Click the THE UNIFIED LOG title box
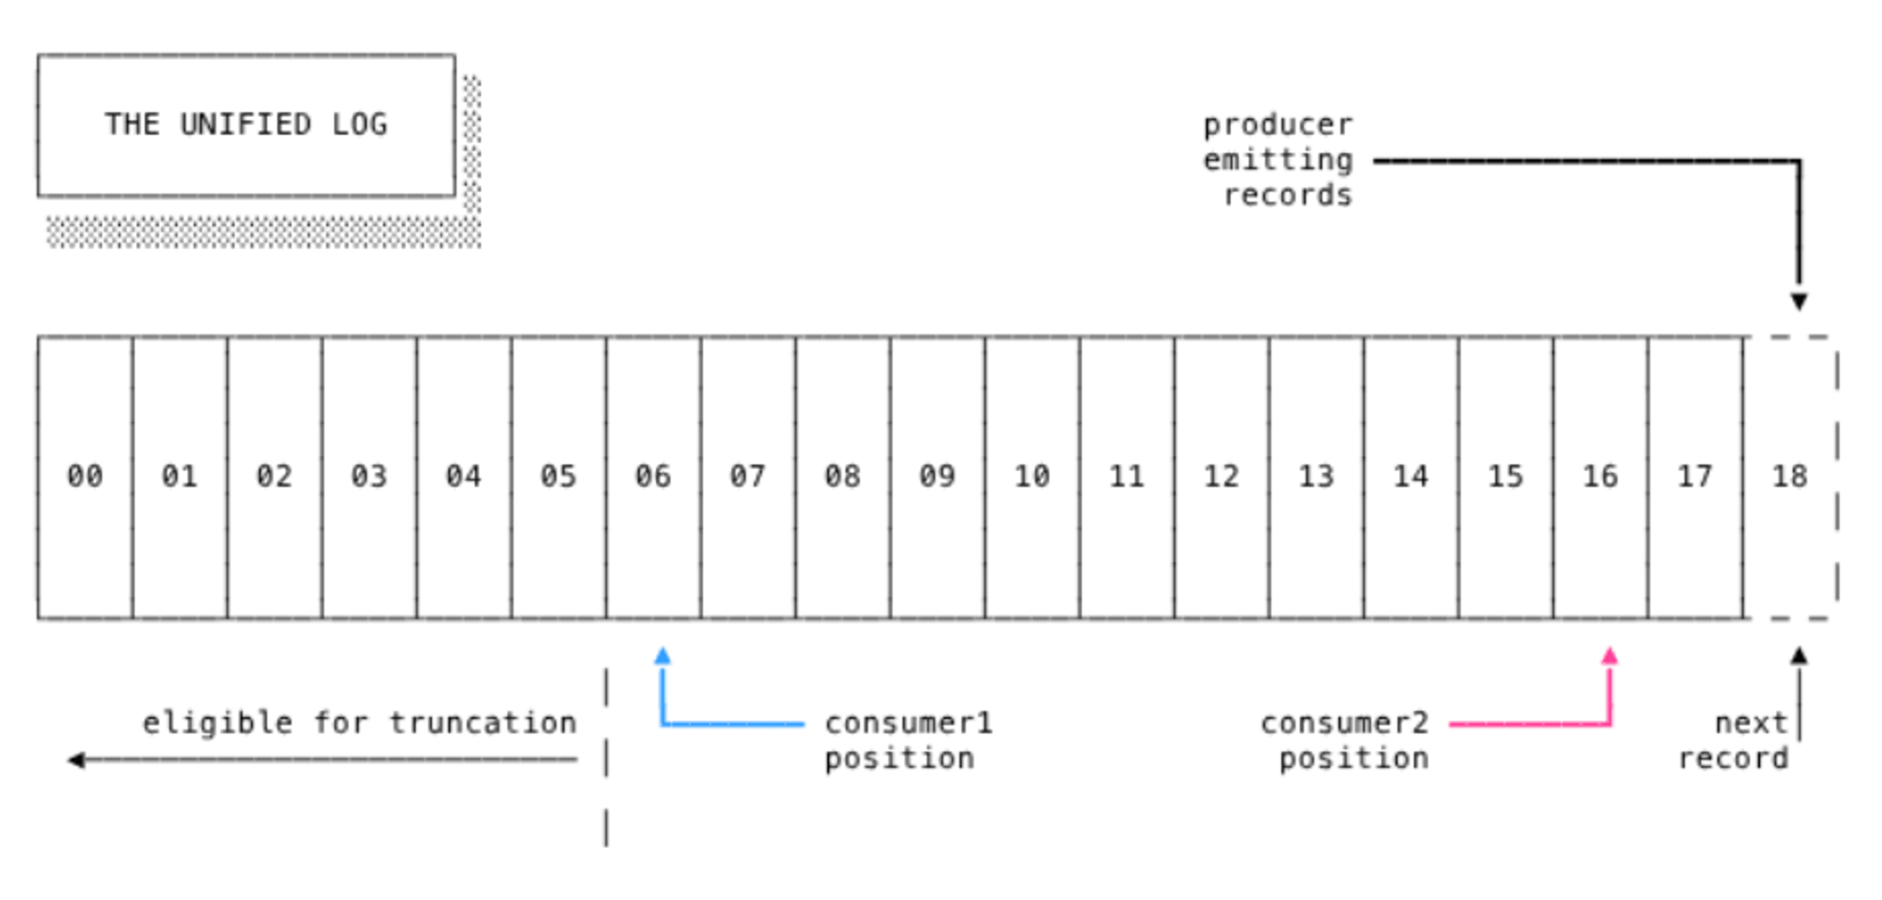pyautogui.click(x=246, y=125)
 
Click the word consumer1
pyautogui.click(x=909, y=723)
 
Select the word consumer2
pyautogui.click(x=1344, y=723)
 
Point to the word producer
pyautogui.click(x=1278, y=125)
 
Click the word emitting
pyautogui.click(x=1278, y=160)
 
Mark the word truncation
pyautogui.click(x=483, y=723)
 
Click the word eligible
pyautogui.click(x=218, y=723)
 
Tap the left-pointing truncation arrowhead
pyautogui.click(x=76, y=760)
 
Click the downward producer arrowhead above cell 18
pyautogui.click(x=1799, y=301)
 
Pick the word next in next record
pyautogui.click(x=1751, y=723)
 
